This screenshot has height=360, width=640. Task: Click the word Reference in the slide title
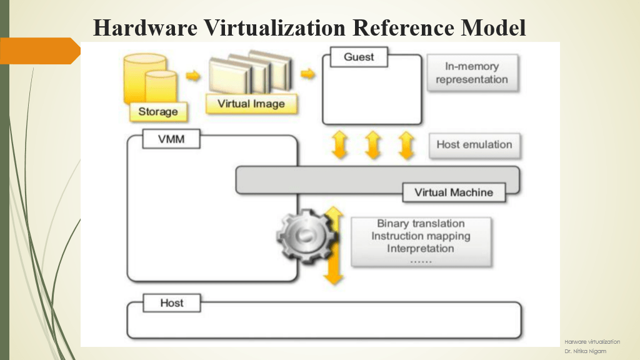click(x=397, y=27)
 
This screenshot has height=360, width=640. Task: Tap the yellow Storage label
click(x=158, y=112)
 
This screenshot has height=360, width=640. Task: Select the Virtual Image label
click(x=251, y=104)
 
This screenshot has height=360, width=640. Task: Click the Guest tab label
click(x=359, y=57)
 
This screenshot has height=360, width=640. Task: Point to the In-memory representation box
click(x=472, y=73)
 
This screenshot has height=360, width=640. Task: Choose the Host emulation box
click(x=474, y=144)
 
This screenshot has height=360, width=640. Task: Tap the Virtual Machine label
click(x=453, y=192)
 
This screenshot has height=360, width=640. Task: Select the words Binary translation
click(x=421, y=223)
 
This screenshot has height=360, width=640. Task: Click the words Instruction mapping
click(x=421, y=236)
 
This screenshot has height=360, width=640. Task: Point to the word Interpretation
click(x=421, y=248)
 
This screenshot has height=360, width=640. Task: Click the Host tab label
click(x=171, y=303)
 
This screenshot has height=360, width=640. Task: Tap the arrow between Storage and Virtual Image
click(x=193, y=76)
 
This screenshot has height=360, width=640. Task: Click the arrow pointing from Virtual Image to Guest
click(x=307, y=74)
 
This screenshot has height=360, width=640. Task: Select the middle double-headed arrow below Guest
click(x=373, y=145)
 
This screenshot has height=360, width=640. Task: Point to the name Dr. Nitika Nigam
click(x=585, y=351)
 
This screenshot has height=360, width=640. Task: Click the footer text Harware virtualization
click(x=592, y=342)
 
